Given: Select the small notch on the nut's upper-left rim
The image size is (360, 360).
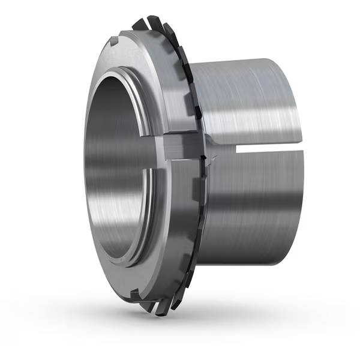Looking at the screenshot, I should coord(114,43).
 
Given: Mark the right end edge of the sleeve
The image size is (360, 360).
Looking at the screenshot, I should coord(295,150).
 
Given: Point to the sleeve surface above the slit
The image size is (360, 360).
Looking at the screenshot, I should coord(252,102).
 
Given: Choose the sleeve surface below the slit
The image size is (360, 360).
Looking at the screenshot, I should coord(252,198).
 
